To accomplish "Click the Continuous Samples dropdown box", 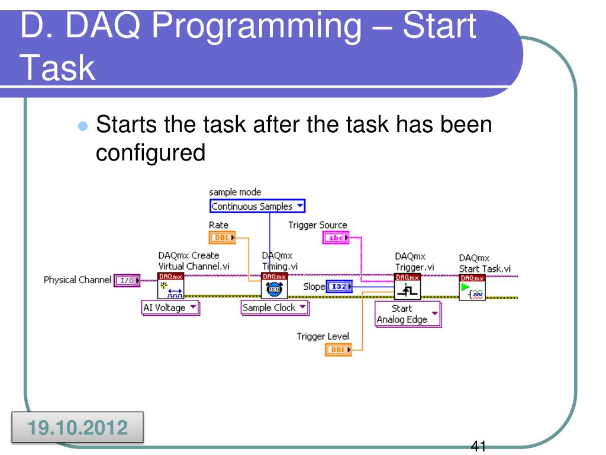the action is [257, 206].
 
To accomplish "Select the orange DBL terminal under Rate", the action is [222, 238].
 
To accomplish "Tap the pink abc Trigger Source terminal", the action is [336, 238].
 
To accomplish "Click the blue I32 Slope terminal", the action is [339, 287].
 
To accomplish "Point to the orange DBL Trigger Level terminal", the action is [338, 350].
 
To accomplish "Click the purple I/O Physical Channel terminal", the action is [127, 280].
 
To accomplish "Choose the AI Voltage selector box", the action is [170, 308].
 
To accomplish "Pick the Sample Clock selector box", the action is [275, 308].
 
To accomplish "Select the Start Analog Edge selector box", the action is [408, 314].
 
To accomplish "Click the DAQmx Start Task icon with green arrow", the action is [472, 287].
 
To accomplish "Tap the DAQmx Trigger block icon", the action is [407, 286].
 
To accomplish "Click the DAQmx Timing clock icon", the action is [275, 286].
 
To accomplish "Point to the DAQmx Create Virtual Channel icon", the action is [171, 286].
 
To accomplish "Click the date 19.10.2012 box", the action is [78, 427].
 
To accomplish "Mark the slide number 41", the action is [478, 446].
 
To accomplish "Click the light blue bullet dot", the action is [83, 126].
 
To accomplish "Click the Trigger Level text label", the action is [323, 337].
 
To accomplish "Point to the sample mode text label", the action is [235, 193].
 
